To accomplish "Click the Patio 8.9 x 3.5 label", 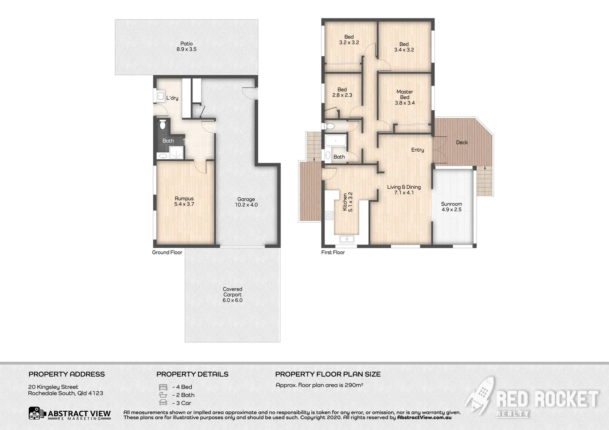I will (x=186, y=47).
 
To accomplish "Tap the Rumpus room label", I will (x=184, y=201).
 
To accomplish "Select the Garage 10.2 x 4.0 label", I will (x=246, y=202).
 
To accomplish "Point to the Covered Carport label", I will (x=232, y=295).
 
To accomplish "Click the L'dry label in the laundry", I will (x=172, y=98).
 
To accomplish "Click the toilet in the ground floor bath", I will (x=162, y=124).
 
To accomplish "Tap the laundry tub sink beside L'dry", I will (x=160, y=96).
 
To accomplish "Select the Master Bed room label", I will (x=405, y=97).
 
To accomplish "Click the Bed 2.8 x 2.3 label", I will (x=342, y=92).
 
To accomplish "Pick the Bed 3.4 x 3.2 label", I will (x=404, y=47).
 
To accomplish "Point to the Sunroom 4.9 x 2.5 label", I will (x=451, y=207).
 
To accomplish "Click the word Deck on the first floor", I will (x=462, y=143).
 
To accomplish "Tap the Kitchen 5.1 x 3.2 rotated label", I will (x=348, y=202).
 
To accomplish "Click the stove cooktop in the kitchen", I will (x=329, y=216).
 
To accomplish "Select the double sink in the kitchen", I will (x=346, y=239).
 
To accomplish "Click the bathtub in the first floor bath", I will (x=336, y=141).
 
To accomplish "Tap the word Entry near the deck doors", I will (x=417, y=150).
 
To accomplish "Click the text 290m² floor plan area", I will (x=319, y=385).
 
